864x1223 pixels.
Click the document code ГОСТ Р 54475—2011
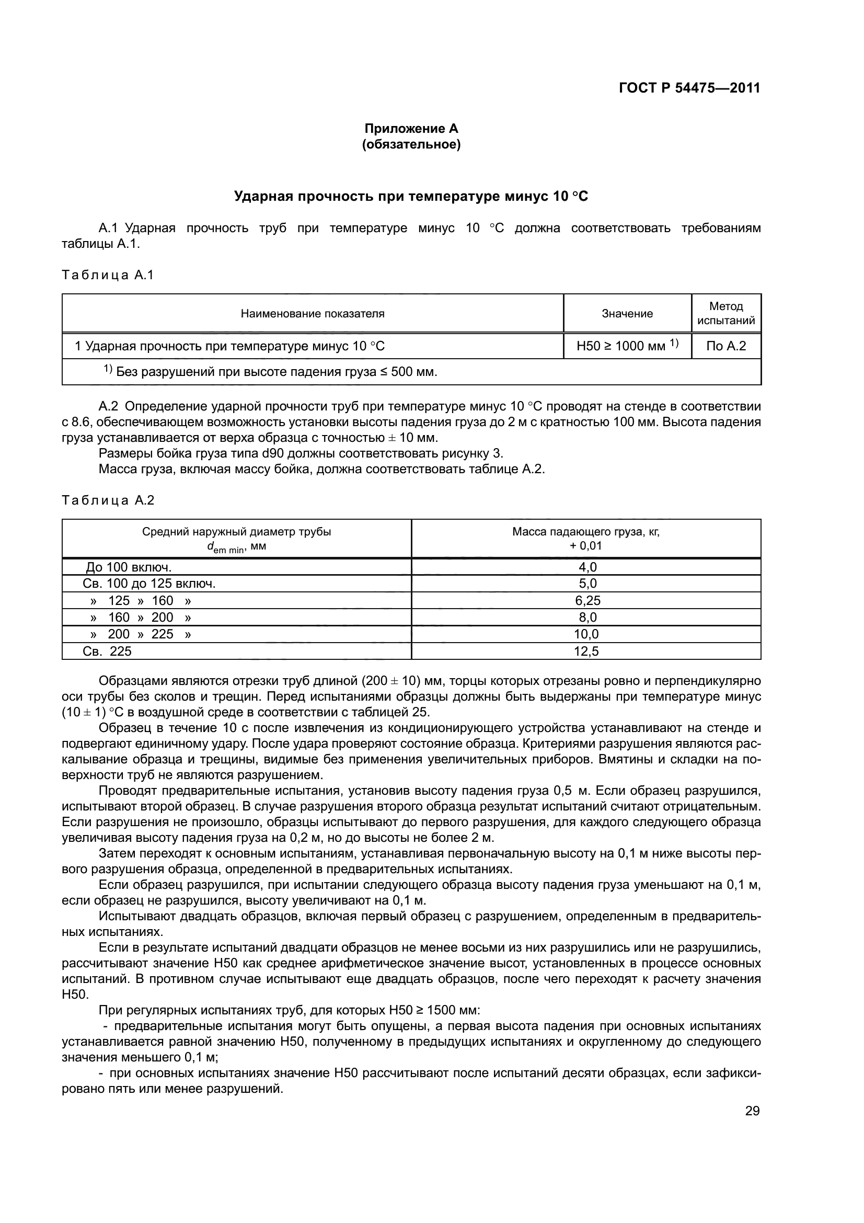(689, 88)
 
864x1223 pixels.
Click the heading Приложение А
(410, 129)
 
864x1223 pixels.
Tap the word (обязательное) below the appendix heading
(410, 144)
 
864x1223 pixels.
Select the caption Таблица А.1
(108, 276)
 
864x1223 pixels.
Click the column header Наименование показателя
(313, 314)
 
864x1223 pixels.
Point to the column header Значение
(627, 314)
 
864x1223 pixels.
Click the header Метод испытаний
(725, 313)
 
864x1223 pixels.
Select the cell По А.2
(725, 346)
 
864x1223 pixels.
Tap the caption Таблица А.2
(108, 500)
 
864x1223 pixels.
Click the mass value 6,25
(587, 600)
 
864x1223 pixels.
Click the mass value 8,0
(587, 618)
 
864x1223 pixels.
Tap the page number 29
(752, 1111)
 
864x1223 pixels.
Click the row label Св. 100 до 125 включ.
(149, 584)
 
